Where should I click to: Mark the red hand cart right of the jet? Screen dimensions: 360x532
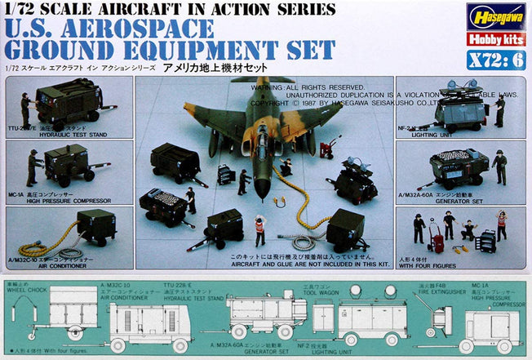330,149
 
